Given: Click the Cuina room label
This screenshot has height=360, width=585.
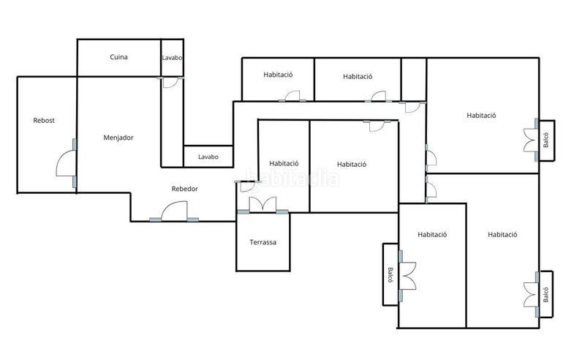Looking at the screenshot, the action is pyautogui.click(x=118, y=57).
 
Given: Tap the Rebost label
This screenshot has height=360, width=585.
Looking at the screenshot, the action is pyautogui.click(x=44, y=121).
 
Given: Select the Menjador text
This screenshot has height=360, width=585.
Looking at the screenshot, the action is pyautogui.click(x=118, y=138).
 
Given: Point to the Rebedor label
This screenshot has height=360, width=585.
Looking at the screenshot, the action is pyautogui.click(x=185, y=189).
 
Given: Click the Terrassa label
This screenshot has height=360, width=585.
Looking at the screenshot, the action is pyautogui.click(x=263, y=242).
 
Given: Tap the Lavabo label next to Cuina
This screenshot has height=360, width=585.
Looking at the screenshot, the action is pyautogui.click(x=172, y=58).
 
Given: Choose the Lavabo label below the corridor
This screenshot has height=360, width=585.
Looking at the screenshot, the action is pyautogui.click(x=208, y=157).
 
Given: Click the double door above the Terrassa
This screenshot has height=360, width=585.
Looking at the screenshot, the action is pyautogui.click(x=263, y=204).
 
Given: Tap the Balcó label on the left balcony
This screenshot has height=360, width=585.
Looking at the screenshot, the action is pyautogui.click(x=390, y=275).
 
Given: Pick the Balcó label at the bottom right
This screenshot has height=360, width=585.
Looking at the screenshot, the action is pyautogui.click(x=546, y=294).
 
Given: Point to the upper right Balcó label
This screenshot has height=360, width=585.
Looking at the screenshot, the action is pyautogui.click(x=546, y=140).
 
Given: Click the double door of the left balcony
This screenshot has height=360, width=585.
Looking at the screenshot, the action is pyautogui.click(x=408, y=276).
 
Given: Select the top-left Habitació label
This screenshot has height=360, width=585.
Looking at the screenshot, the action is pyautogui.click(x=278, y=75).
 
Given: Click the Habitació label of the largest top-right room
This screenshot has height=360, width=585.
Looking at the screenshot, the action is pyautogui.click(x=481, y=116).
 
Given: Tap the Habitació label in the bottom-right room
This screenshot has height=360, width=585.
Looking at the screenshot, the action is pyautogui.click(x=502, y=235).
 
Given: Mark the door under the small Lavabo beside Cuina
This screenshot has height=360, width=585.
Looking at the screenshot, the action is pyautogui.click(x=170, y=83).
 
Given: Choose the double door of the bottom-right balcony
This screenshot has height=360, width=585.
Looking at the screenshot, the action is pyautogui.click(x=530, y=295).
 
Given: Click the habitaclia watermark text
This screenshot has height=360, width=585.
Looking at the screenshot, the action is pyautogui.click(x=292, y=178).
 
